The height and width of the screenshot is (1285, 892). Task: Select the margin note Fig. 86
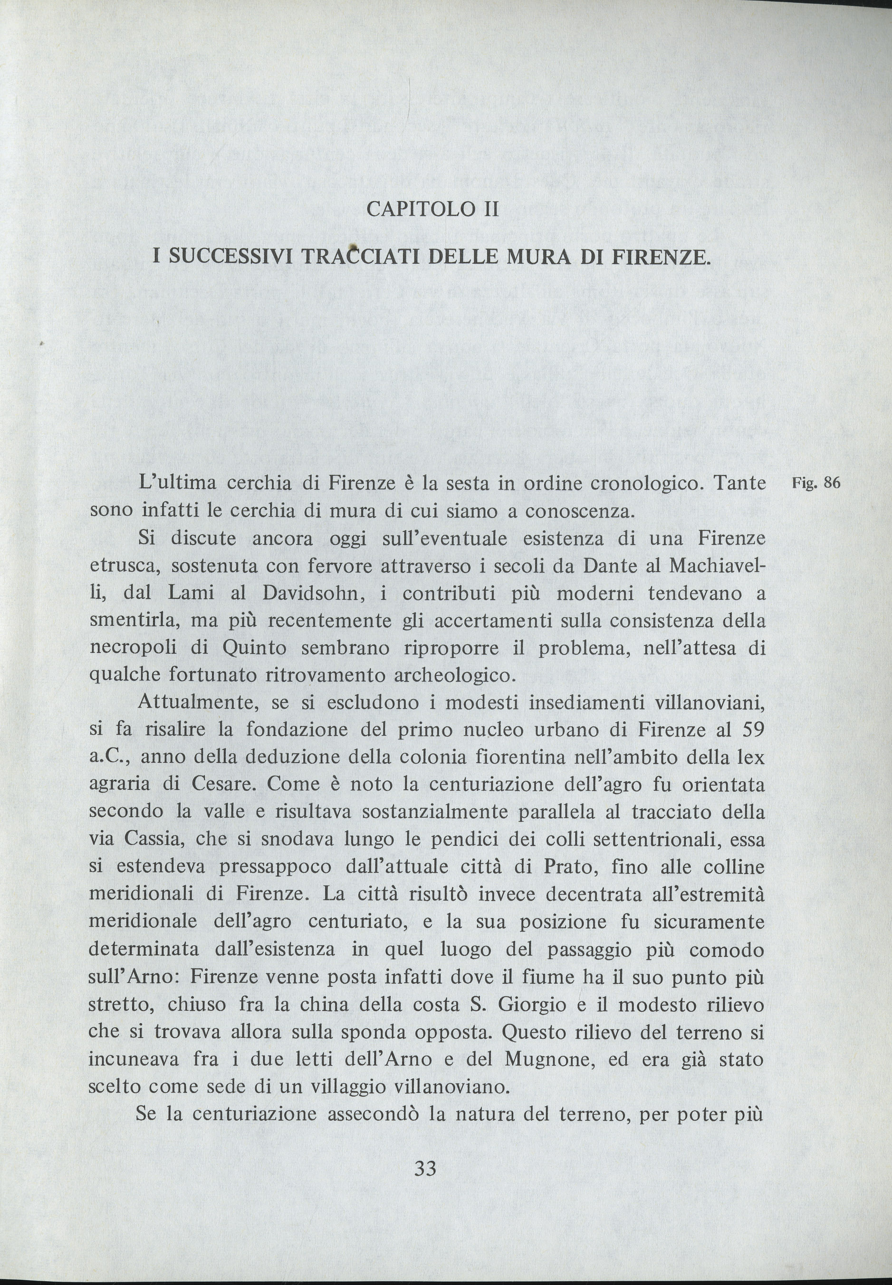click(x=816, y=483)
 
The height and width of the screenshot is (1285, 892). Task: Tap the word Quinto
click(x=254, y=648)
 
